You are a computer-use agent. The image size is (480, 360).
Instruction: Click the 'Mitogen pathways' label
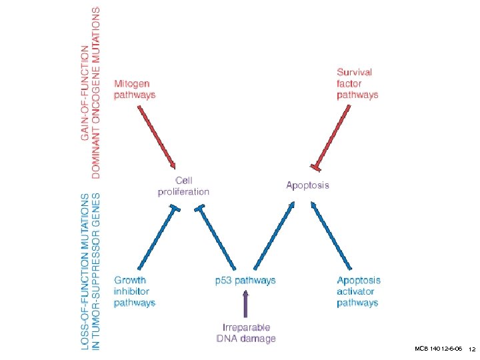tap(134, 89)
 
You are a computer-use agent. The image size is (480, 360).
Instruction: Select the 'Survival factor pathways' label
tap(357, 83)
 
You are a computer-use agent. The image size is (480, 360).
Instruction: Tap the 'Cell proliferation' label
tap(183, 186)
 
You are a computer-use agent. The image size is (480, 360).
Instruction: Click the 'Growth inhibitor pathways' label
tap(134, 291)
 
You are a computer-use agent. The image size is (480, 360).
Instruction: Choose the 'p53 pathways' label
tap(245, 281)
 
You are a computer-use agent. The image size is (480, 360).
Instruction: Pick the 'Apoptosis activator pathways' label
tap(359, 291)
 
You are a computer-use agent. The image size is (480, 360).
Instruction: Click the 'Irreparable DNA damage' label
tap(245, 333)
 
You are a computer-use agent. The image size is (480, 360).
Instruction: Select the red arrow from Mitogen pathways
tap(157, 136)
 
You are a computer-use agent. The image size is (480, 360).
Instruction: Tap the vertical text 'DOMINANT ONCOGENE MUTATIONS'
tap(97, 93)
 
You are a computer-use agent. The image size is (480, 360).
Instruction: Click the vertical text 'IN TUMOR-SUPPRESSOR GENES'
tap(97, 273)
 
